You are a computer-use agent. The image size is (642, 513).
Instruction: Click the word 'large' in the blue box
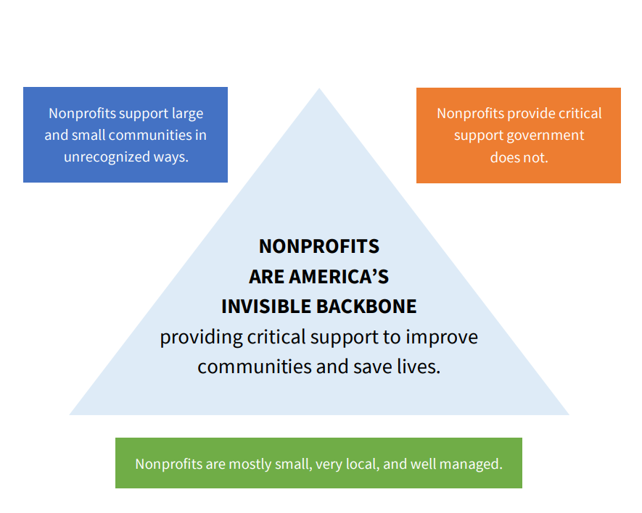click(188, 114)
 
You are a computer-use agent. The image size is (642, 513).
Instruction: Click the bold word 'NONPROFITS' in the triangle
click(319, 246)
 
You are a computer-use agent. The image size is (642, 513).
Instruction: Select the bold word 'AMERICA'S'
click(339, 277)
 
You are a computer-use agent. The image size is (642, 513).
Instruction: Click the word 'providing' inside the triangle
click(201, 338)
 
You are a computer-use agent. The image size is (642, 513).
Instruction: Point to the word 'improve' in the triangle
click(442, 338)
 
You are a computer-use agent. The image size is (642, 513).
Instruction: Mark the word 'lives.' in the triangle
click(419, 367)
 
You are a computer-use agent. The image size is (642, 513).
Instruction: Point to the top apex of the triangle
click(319, 88)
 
